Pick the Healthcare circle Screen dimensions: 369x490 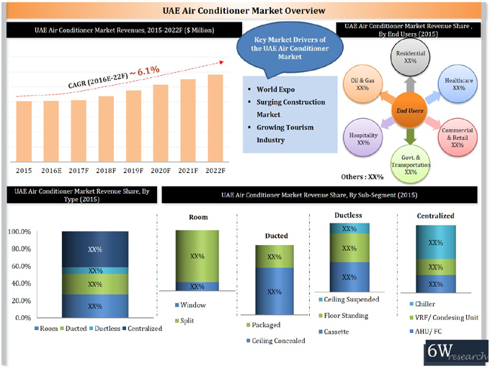(458, 84)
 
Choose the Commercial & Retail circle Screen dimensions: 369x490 (458, 137)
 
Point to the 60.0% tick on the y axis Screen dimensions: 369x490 (19, 267)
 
